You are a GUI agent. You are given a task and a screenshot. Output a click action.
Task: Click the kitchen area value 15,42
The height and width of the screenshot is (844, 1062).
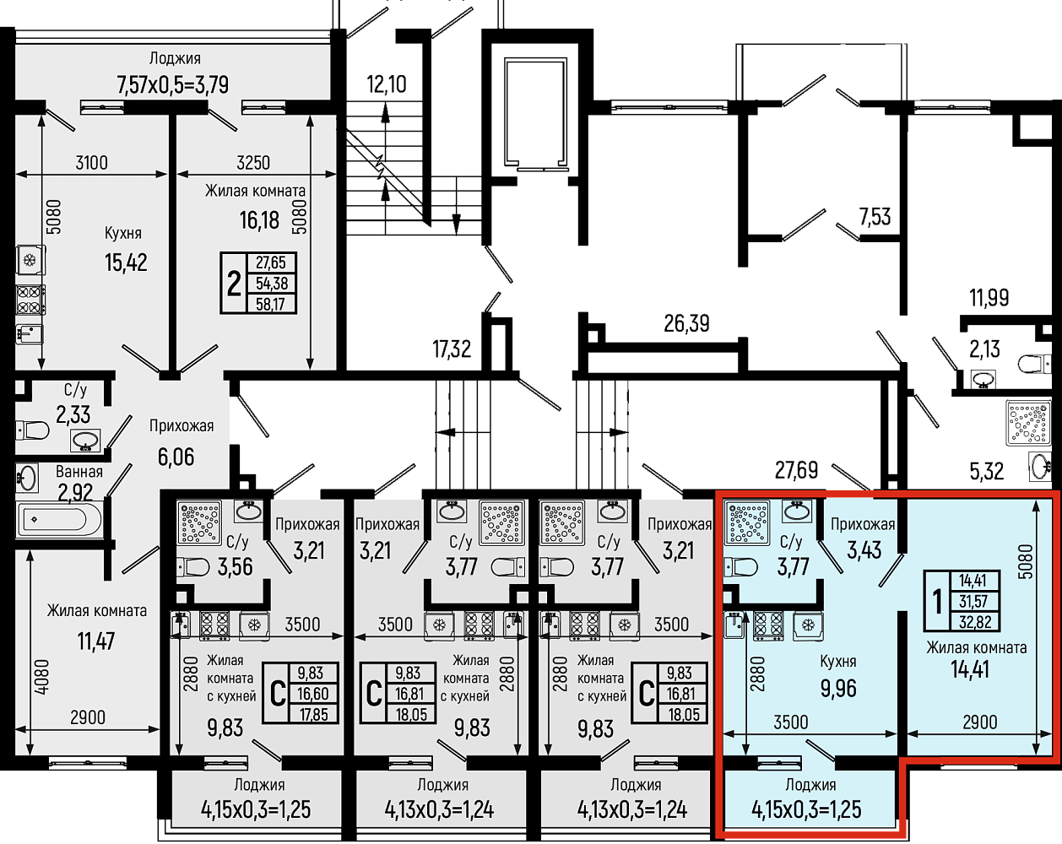[x=126, y=262]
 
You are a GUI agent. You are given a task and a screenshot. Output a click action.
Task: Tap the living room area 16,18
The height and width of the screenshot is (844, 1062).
[x=259, y=220]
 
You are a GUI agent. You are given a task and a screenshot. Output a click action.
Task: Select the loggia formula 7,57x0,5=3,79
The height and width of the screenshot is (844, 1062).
[x=173, y=85]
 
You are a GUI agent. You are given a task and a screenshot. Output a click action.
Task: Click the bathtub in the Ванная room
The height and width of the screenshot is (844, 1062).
[x=59, y=520]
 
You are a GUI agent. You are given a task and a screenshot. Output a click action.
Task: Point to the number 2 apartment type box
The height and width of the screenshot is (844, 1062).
[x=234, y=284]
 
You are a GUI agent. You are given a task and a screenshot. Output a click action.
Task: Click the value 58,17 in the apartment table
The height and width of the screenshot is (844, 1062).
[x=270, y=304]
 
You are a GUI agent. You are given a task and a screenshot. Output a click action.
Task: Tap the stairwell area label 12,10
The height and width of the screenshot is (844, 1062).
[x=387, y=84]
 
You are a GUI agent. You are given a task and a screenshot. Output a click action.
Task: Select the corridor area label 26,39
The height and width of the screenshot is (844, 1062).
[x=686, y=324]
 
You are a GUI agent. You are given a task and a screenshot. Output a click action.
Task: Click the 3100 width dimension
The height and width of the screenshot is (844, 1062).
[x=91, y=162]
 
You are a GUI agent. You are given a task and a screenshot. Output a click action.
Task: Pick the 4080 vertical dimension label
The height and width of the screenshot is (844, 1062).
[x=42, y=678]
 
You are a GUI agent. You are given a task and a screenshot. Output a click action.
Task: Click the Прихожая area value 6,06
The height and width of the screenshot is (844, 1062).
[x=176, y=457]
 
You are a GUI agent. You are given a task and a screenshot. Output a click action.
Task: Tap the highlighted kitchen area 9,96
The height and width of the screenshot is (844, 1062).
[x=838, y=689]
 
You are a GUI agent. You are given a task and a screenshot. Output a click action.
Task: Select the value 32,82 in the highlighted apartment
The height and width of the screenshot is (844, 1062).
[x=975, y=622]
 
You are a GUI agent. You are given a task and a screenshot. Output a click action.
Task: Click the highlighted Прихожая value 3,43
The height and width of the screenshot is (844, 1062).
[x=864, y=549]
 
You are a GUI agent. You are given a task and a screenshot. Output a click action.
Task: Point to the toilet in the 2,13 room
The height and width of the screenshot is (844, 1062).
[x=1035, y=365]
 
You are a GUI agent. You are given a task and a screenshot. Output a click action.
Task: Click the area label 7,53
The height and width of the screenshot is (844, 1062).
[x=875, y=217]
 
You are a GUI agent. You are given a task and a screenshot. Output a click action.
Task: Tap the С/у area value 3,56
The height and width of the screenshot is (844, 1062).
[x=235, y=567]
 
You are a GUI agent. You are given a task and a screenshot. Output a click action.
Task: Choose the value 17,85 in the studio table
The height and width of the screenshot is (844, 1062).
[x=313, y=714]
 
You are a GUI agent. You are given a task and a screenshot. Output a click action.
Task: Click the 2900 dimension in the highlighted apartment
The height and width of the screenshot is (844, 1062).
[x=980, y=722]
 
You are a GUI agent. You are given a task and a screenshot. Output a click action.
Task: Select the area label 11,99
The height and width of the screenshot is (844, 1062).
[x=989, y=298]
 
